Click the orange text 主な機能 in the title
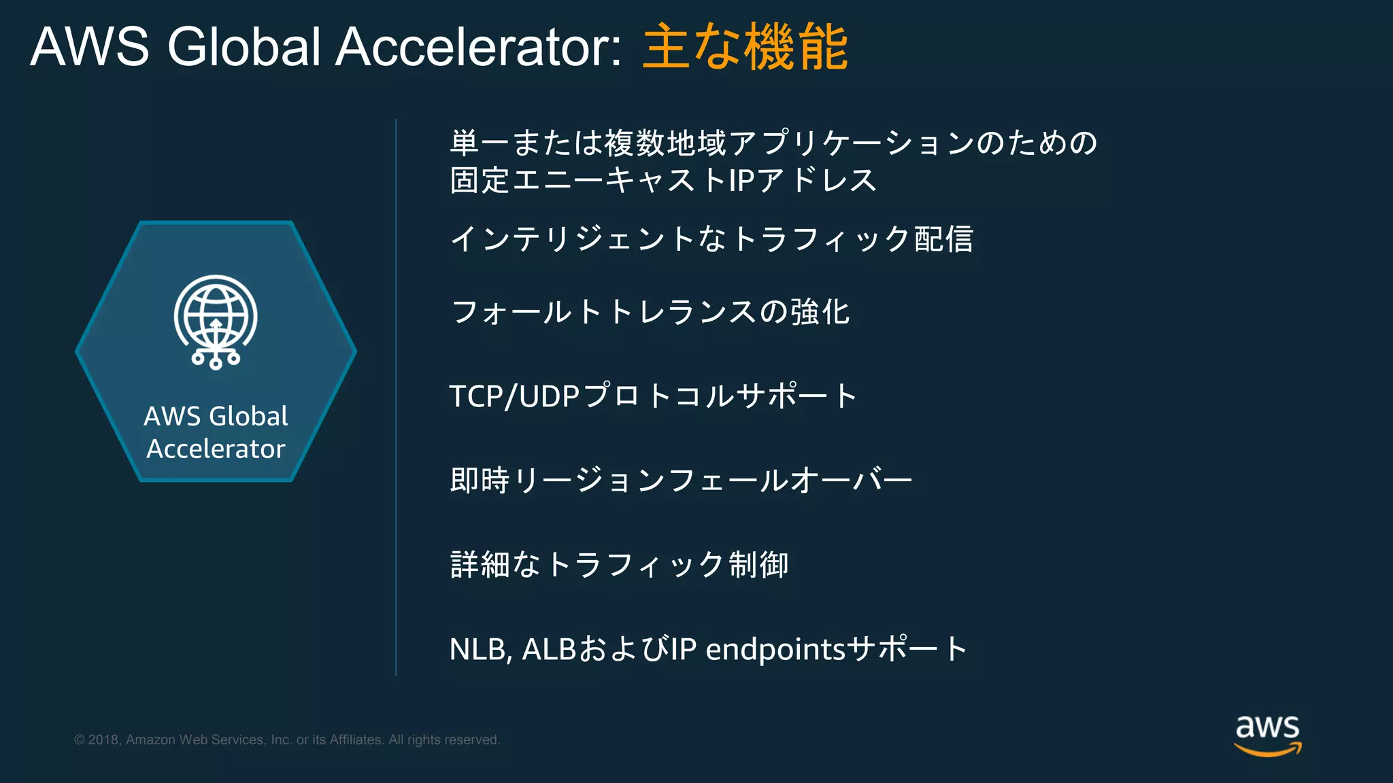click(745, 47)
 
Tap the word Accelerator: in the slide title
click(478, 47)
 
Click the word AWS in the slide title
click(90, 47)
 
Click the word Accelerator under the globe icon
click(216, 449)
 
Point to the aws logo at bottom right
click(1267, 734)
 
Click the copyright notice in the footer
click(287, 739)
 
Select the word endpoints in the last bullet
click(775, 649)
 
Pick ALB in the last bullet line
click(549, 649)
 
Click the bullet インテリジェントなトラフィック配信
click(711, 239)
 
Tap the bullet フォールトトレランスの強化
click(650, 312)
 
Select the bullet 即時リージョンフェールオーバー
click(681, 481)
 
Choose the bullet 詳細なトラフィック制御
click(619, 565)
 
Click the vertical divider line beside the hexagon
click(396, 397)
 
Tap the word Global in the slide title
click(244, 47)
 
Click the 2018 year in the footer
click(104, 739)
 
